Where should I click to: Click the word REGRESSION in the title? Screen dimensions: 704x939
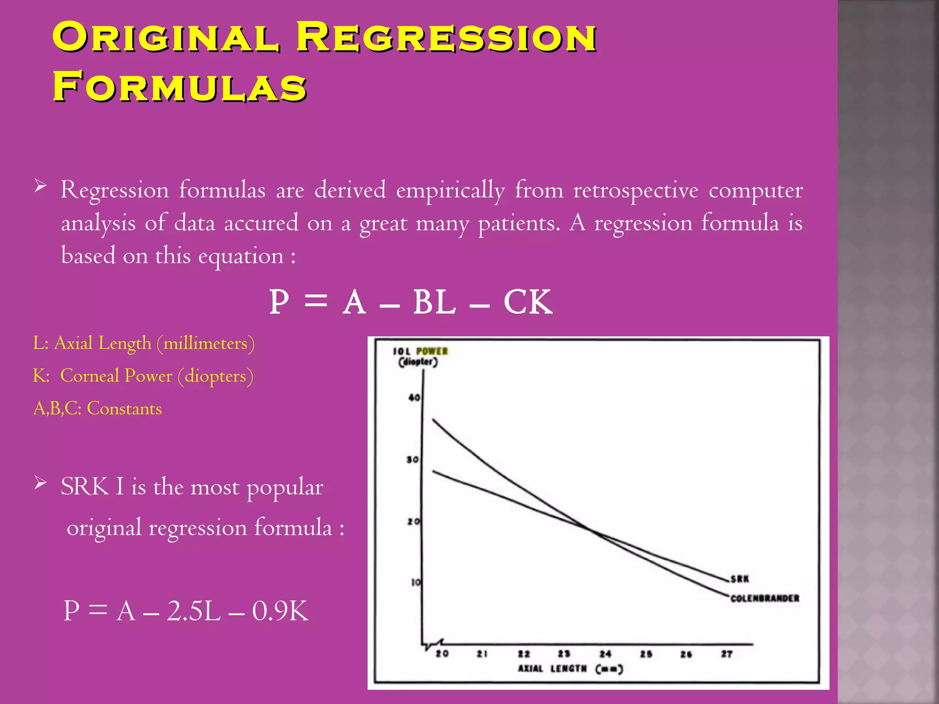[x=446, y=38]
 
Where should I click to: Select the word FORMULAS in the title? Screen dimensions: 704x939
[x=179, y=87]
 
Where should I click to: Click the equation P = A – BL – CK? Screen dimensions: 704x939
[x=410, y=302]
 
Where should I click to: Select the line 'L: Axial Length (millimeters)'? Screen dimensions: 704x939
[x=144, y=343]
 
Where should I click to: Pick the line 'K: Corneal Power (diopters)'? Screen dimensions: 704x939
[x=143, y=376]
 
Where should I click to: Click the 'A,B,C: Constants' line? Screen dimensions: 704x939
[x=97, y=408]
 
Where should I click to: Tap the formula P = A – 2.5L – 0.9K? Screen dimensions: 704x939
[x=186, y=610]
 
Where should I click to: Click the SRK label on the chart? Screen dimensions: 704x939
[x=740, y=579]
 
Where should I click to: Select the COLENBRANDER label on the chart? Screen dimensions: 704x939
[x=764, y=598]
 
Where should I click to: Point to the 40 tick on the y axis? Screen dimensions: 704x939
[x=414, y=397]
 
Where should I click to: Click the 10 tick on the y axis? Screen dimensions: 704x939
[x=415, y=583]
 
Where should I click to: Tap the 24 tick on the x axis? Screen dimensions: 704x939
[x=605, y=654]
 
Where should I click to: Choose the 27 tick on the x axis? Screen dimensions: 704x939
[x=727, y=654]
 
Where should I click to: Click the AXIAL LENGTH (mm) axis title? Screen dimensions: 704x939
[x=570, y=669]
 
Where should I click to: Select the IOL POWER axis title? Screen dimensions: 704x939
[x=420, y=352]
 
